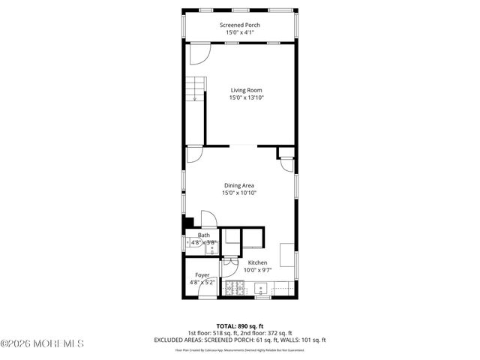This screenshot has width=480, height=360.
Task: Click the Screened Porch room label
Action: point(240,25)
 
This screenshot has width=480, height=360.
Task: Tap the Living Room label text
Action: point(246,90)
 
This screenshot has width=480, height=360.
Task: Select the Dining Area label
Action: point(240,185)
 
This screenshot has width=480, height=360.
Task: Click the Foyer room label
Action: point(202,275)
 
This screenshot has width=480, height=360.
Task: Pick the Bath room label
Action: point(203,235)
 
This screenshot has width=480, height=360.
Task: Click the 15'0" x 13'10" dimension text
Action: point(247,97)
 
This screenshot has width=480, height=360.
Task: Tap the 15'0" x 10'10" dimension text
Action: point(240,193)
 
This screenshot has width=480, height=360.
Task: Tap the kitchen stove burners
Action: point(235,286)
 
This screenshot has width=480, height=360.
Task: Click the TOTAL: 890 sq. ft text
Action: point(239,325)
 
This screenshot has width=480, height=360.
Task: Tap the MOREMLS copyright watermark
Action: point(42,344)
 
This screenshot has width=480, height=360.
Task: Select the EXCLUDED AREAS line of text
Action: point(239,340)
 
